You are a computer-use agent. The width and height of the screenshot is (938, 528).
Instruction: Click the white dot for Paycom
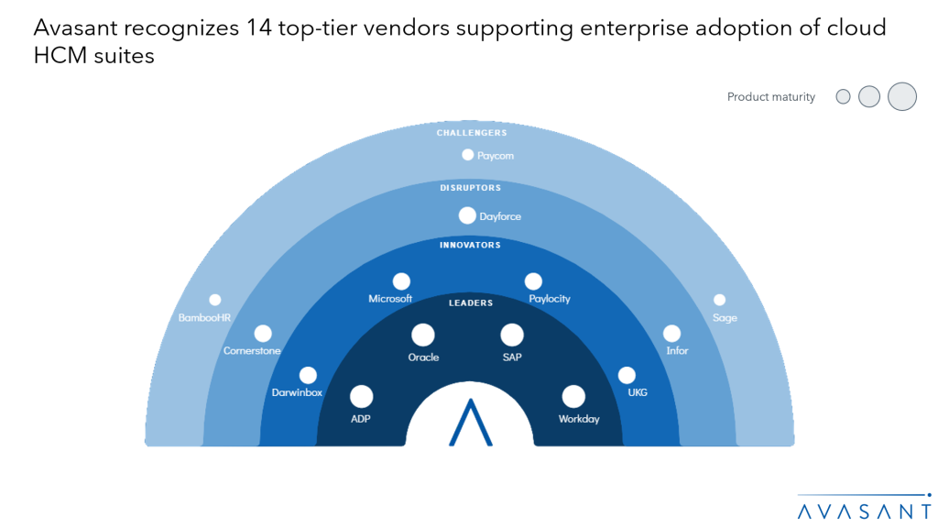[x=468, y=155]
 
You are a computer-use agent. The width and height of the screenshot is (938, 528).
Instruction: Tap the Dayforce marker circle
[x=467, y=216]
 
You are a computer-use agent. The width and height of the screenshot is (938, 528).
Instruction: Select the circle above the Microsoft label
[x=401, y=281]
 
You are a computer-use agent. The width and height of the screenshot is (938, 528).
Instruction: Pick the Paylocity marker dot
[x=533, y=281]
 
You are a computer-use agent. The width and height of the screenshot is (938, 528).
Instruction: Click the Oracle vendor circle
[x=423, y=335]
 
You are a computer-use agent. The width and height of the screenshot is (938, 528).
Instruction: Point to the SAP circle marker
[x=512, y=335]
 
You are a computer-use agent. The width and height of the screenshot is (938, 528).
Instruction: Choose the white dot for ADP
[x=362, y=396]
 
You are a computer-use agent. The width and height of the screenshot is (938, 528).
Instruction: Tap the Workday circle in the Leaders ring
[x=573, y=396]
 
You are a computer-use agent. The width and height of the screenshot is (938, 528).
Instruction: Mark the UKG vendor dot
[x=627, y=375]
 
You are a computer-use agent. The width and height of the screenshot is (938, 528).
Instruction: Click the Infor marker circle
[x=672, y=334]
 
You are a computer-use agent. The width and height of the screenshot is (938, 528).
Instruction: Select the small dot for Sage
[x=720, y=300]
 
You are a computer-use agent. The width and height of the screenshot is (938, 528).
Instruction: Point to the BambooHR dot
[x=215, y=300]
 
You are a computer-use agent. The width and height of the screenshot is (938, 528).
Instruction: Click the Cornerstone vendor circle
[x=263, y=334]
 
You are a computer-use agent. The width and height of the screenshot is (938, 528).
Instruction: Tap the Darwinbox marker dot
[x=308, y=375]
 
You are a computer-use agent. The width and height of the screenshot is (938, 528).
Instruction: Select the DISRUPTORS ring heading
[x=470, y=188]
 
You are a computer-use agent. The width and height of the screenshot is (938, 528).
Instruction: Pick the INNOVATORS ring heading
[x=470, y=246]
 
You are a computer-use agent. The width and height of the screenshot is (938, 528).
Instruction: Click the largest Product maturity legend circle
[x=902, y=96]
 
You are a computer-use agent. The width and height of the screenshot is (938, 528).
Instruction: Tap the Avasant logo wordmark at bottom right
[x=862, y=509]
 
